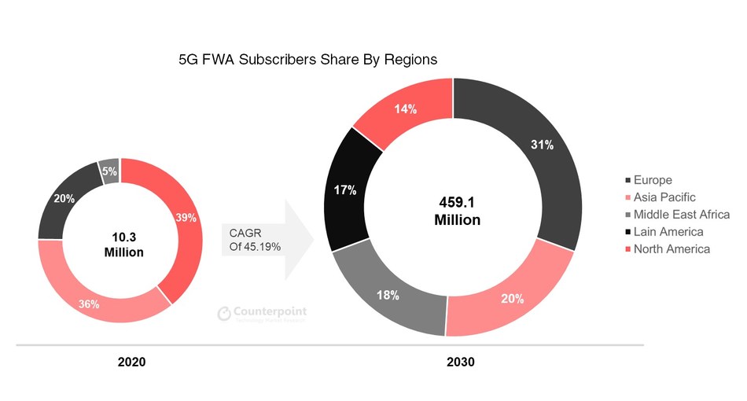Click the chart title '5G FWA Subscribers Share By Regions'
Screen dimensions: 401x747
click(307, 60)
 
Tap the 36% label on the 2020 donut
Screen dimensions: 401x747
click(88, 303)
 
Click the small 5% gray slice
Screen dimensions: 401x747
click(109, 170)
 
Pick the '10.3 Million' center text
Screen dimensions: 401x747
click(123, 245)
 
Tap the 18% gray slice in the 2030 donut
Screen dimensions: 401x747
click(388, 295)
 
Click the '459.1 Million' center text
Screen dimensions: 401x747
click(457, 212)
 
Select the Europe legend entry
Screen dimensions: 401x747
click(648, 180)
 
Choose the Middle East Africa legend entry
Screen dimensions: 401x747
click(676, 215)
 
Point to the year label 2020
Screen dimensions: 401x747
click(131, 362)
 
